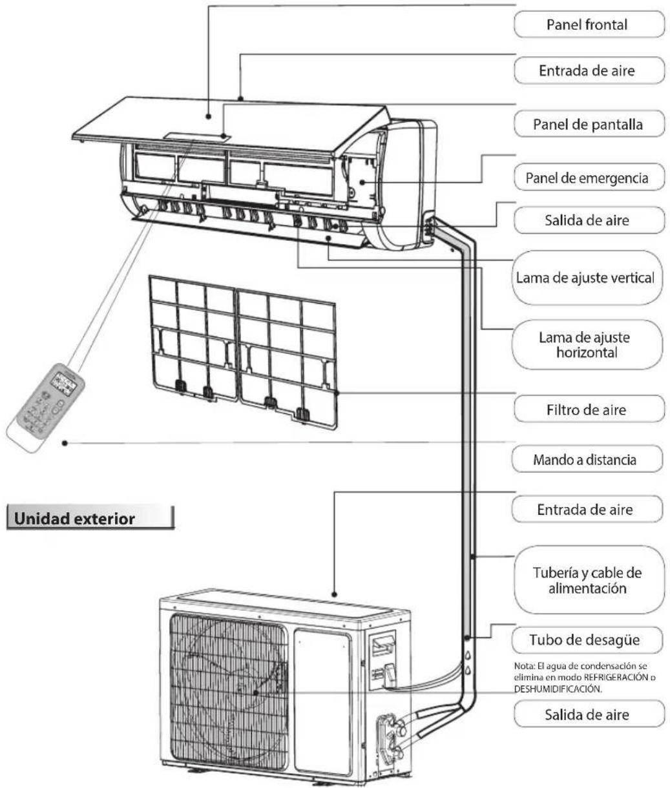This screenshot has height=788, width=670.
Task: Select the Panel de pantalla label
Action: [588, 125]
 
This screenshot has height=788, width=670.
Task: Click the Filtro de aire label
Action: [588, 409]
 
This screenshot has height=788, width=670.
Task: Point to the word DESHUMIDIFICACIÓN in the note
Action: [550, 689]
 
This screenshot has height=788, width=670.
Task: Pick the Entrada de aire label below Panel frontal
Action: [588, 71]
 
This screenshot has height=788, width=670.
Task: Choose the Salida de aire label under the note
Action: [588, 715]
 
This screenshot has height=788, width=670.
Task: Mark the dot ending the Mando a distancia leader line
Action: [65, 443]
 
